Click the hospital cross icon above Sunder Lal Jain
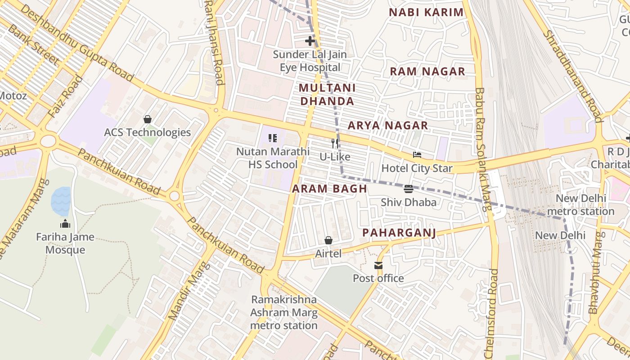tap(310, 41)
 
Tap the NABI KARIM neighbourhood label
tap(426, 12)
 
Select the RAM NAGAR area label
tap(427, 71)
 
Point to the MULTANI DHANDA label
tap(327, 94)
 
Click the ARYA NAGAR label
tap(387, 125)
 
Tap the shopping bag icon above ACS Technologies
tap(147, 119)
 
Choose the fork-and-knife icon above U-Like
tap(335, 144)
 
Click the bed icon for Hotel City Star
tap(417, 155)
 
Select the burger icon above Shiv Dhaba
tap(409, 189)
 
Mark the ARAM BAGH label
tap(329, 189)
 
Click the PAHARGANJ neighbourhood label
tap(399, 233)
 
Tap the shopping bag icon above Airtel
tap(328, 240)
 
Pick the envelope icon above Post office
tap(378, 265)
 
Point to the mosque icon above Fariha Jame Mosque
tap(65, 224)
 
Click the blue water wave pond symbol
tap(61, 201)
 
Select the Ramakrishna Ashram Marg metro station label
tap(284, 312)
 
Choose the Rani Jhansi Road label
tap(214, 43)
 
